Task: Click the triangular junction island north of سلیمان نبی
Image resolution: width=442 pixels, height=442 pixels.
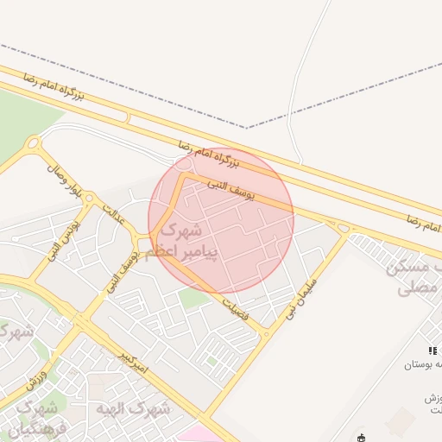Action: point(344,228)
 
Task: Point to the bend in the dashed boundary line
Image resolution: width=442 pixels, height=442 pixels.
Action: point(247,128)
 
